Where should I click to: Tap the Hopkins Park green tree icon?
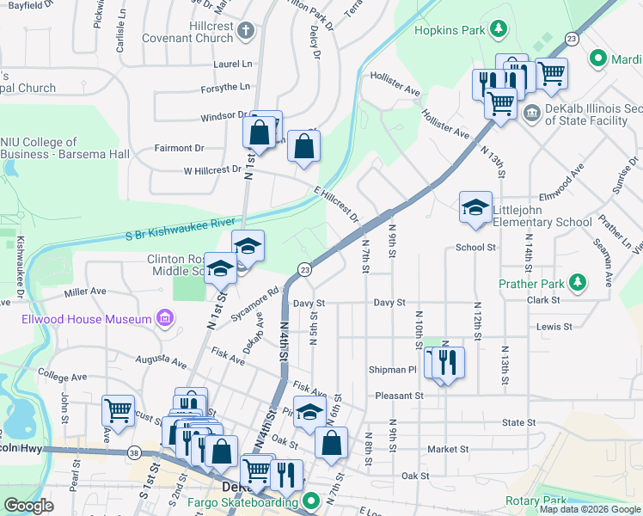(497, 31)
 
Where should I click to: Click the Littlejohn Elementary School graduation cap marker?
(475, 208)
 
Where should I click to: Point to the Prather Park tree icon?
(579, 282)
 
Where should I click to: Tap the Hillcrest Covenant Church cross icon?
(246, 32)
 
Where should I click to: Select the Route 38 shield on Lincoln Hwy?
(134, 451)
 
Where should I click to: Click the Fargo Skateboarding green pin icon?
(312, 500)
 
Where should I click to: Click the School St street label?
(476, 248)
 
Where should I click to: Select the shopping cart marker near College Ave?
(118, 410)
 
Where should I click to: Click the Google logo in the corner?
(28, 506)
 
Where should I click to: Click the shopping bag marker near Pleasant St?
(331, 443)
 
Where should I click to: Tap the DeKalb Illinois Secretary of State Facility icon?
(531, 112)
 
